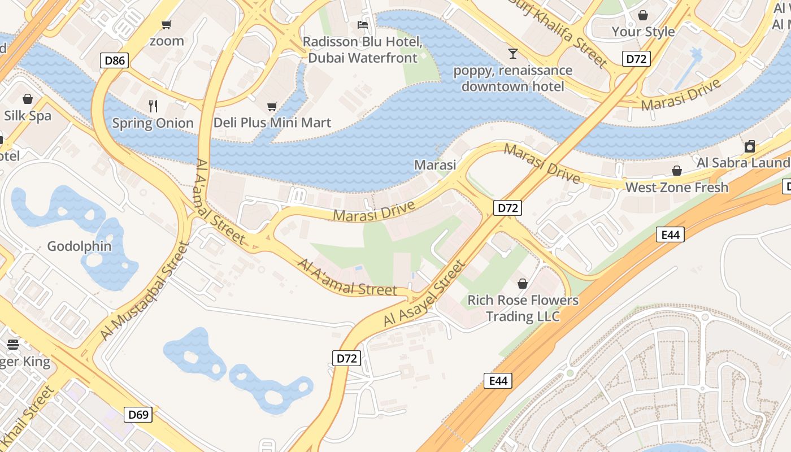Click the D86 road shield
tap(115, 60)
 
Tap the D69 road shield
tap(138, 415)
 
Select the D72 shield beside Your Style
tap(637, 58)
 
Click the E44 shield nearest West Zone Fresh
tap(670, 234)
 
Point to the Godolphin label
tap(79, 246)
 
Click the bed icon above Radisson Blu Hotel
tap(363, 25)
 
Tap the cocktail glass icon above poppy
tap(512, 54)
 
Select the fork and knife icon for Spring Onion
tap(153, 106)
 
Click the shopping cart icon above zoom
tap(166, 24)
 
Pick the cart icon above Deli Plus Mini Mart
tap(272, 106)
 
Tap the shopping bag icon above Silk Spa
tap(27, 99)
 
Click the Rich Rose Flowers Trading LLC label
tap(523, 308)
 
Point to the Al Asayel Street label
tap(424, 293)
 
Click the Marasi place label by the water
tap(435, 164)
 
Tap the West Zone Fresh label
tap(676, 187)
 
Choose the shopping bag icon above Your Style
tap(642, 15)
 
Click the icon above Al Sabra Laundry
tap(749, 146)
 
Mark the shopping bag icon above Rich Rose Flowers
tap(523, 283)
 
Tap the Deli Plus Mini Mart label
tap(272, 123)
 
